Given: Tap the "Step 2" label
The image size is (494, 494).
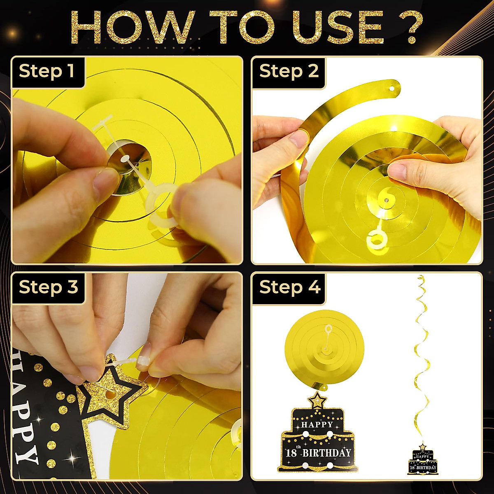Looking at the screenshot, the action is (289, 71).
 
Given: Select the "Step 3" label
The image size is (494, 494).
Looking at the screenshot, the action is (48, 287).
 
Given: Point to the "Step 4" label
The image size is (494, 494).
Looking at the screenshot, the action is (290, 287).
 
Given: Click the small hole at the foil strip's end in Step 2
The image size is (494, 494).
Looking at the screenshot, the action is (391, 89).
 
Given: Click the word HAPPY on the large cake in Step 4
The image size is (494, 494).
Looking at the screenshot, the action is (317, 424).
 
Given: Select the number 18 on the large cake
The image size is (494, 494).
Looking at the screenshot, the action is (291, 453).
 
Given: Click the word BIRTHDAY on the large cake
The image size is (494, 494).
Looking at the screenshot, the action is (327, 453).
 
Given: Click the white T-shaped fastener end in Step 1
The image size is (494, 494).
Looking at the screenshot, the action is (103, 123).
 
